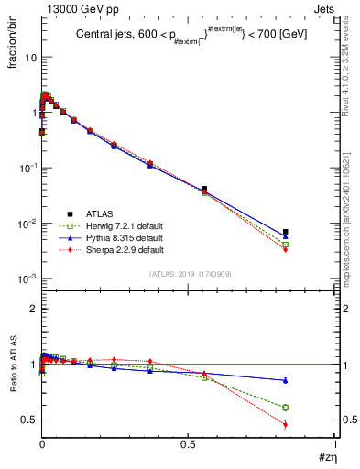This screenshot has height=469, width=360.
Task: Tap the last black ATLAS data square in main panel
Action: click(311, 232)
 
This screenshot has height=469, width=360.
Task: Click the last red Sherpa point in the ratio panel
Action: click(311, 424)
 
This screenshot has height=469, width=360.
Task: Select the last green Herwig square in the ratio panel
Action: click(311, 407)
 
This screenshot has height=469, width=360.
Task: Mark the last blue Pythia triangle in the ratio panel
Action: click(311, 380)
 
